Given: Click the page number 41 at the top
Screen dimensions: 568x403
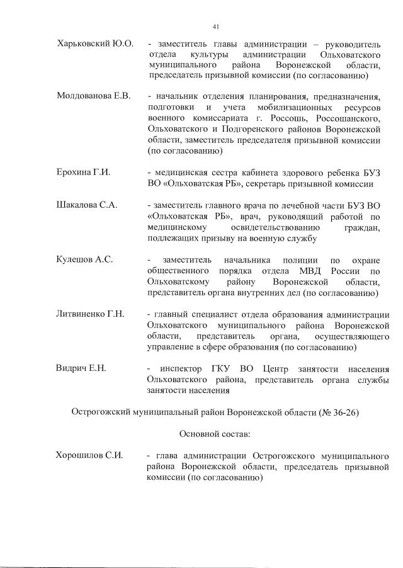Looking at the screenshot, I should [216, 26].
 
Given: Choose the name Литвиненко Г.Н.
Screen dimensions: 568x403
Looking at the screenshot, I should [91, 314].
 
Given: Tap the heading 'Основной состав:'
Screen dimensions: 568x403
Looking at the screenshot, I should [215, 434].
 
